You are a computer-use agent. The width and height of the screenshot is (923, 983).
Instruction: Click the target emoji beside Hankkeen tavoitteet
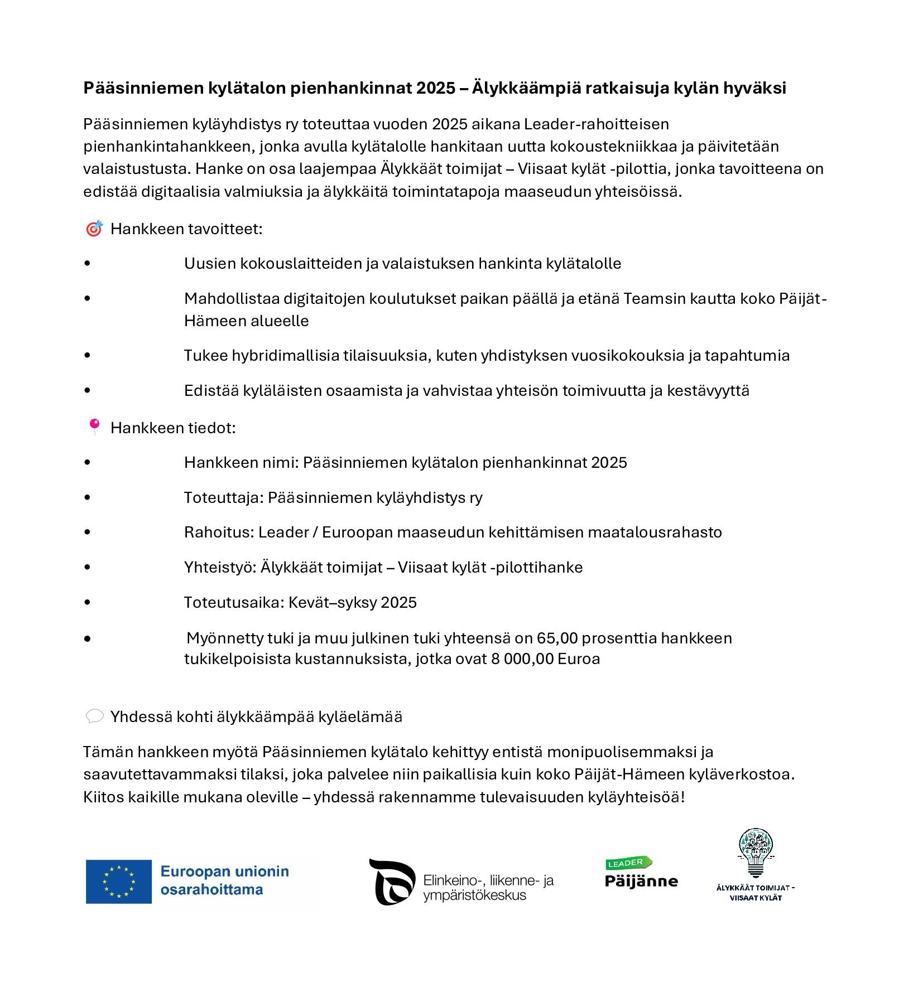coord(94,229)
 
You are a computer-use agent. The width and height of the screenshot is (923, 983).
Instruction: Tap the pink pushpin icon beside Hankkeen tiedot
coord(95,427)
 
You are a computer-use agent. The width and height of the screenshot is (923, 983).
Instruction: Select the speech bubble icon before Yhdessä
coord(94,716)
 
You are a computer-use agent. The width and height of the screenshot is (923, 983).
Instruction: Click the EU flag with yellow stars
coord(118,882)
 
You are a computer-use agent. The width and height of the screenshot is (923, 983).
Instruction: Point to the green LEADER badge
coord(628,863)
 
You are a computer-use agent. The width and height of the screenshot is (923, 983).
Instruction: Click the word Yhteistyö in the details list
coord(220,568)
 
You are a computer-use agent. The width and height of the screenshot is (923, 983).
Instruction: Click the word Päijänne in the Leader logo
coord(641,882)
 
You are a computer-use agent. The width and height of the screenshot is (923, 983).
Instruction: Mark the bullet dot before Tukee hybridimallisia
coord(87,355)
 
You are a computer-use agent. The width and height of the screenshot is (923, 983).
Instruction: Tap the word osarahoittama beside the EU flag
coord(211,889)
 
